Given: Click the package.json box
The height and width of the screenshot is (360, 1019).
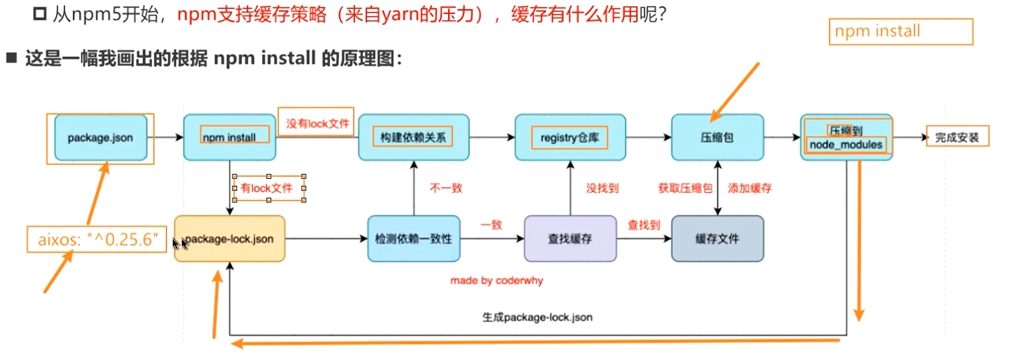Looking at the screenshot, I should [x=101, y=138].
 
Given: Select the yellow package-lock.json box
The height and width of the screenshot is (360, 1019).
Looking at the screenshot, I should [x=230, y=239].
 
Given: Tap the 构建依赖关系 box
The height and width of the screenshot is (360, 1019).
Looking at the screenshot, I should [x=413, y=137].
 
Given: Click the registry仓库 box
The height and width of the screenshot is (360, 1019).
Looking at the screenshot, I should [x=570, y=138].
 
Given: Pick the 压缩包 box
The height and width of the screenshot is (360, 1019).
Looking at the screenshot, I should [x=717, y=138].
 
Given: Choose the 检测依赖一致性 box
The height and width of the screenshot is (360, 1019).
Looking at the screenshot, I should [x=413, y=239].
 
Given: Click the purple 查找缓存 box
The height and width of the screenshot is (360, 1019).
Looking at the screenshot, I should [x=570, y=239].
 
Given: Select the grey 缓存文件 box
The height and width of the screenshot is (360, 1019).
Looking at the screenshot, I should [x=717, y=239].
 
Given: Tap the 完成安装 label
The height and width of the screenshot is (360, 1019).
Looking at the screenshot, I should [x=957, y=137].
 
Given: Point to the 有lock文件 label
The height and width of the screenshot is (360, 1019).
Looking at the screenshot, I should [x=267, y=188].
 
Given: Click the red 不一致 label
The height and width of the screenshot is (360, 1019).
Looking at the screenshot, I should [x=446, y=188].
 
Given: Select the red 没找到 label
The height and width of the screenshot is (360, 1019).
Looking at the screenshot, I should [x=602, y=188].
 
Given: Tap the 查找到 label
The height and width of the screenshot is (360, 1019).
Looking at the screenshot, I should [x=644, y=225].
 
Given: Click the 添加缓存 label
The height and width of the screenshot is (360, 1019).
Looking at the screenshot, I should [x=750, y=188].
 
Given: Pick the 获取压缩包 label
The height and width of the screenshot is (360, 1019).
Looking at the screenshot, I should [x=685, y=188].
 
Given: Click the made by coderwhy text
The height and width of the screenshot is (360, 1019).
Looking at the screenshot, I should [x=496, y=281].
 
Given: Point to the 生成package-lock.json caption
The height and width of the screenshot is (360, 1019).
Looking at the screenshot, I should [x=537, y=317].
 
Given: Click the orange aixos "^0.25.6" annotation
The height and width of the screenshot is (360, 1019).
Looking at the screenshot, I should [x=98, y=239].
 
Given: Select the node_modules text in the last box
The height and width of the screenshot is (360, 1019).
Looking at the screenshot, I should [x=846, y=145].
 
